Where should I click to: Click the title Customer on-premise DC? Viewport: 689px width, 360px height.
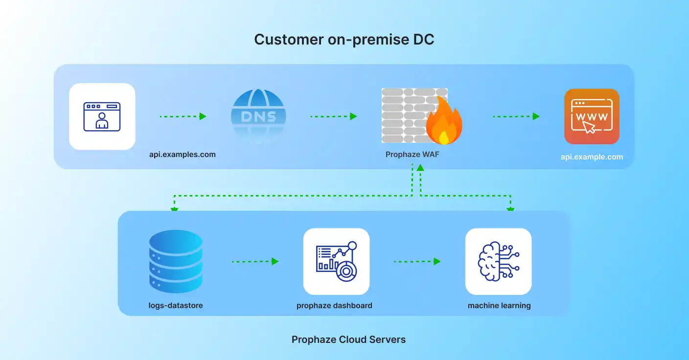click(344, 40)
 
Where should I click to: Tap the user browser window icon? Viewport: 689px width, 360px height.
click(102, 116)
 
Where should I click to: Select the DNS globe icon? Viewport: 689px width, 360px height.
click(258, 116)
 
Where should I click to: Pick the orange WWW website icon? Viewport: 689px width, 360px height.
click(592, 116)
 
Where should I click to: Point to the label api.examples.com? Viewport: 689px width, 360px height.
click(183, 155)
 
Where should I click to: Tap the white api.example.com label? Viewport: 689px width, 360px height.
click(592, 157)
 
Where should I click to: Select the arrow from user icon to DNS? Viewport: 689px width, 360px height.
click(183, 116)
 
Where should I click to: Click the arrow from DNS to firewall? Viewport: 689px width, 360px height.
click(333, 116)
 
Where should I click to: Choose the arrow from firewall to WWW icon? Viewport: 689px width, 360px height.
click(516, 116)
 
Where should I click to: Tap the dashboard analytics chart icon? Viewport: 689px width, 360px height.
click(336, 262)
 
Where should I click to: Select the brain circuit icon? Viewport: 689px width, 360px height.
click(498, 262)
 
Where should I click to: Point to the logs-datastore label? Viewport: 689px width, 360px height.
click(176, 306)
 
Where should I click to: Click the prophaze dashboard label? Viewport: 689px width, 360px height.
click(334, 306)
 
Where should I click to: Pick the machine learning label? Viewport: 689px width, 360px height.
click(499, 306)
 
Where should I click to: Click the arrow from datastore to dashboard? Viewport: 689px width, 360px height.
click(255, 262)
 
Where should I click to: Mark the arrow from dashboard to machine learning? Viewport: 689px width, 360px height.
click(417, 262)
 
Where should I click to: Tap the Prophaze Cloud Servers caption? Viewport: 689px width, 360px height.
click(348, 339)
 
